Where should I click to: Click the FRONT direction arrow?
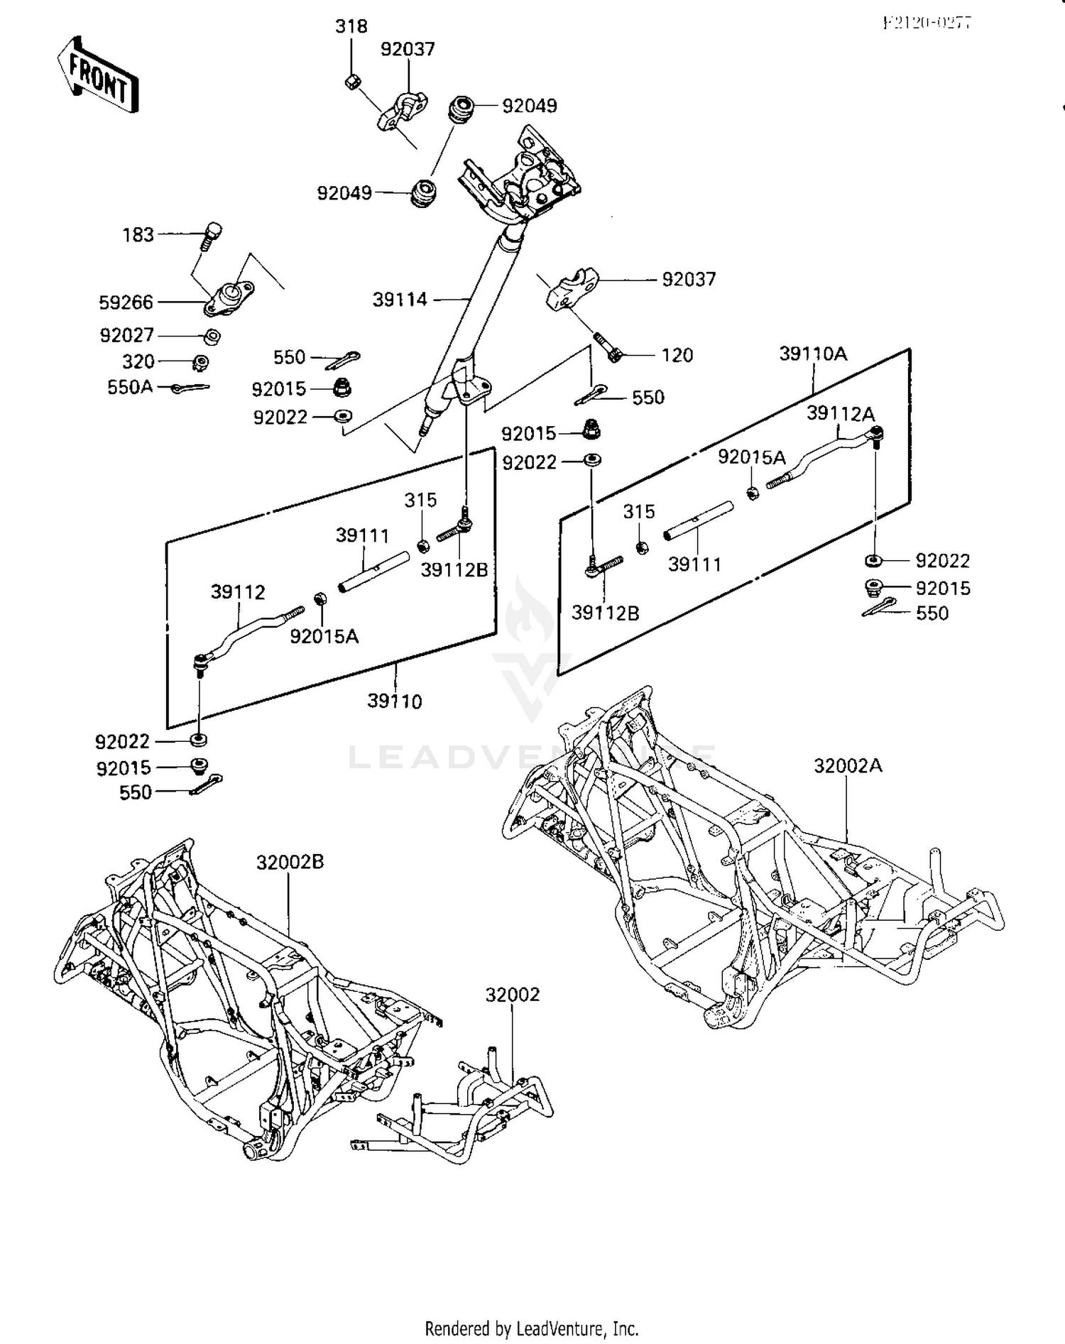[97, 76]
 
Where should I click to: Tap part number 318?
[351, 26]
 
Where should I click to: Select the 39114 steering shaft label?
[400, 300]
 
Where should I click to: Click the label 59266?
[126, 302]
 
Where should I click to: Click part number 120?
[677, 355]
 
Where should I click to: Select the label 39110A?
[813, 354]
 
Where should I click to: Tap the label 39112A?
[841, 413]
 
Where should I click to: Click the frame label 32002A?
[848, 765]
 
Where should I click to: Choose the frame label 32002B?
[290, 862]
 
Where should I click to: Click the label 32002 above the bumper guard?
[513, 995]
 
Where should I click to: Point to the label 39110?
[395, 701]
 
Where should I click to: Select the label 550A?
[130, 388]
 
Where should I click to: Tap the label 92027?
[126, 335]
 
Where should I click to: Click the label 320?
[138, 362]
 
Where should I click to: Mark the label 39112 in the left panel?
[238, 592]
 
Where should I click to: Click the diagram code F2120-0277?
[927, 22]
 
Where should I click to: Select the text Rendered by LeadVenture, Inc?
[532, 1328]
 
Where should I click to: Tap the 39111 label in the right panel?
[694, 564]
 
